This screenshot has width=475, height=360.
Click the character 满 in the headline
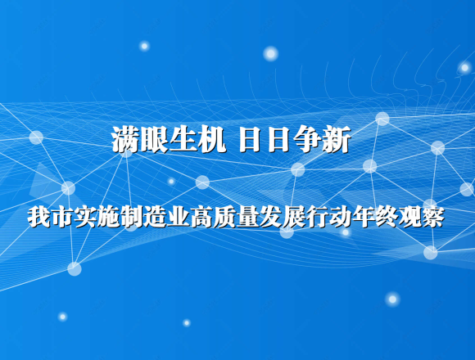tap(126, 139)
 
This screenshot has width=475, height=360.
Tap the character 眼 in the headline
tap(155, 139)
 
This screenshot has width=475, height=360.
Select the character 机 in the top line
tap(212, 139)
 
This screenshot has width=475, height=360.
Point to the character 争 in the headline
tap(307, 139)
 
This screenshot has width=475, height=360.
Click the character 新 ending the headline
tap(337, 139)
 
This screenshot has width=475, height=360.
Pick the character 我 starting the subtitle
tap(39, 217)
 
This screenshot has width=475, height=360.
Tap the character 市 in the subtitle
tap(62, 217)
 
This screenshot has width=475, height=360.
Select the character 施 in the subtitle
tap(108, 217)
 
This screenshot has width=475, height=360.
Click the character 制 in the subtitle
tap(132, 217)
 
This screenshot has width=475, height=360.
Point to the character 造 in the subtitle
tap(155, 217)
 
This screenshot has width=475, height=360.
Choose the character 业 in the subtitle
tap(179, 217)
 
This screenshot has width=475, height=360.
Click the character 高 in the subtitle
tap(201, 217)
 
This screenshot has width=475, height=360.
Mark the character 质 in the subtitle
tap(224, 217)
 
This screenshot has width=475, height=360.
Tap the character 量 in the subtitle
tap(247, 217)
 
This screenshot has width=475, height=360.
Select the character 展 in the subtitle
tap(294, 217)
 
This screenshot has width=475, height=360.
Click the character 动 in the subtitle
tap(340, 217)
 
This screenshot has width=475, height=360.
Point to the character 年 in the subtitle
tap(364, 217)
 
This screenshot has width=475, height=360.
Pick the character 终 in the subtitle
tap(387, 217)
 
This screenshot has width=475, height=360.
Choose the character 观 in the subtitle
tap(409, 217)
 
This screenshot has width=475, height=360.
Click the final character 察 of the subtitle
tap(433, 217)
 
